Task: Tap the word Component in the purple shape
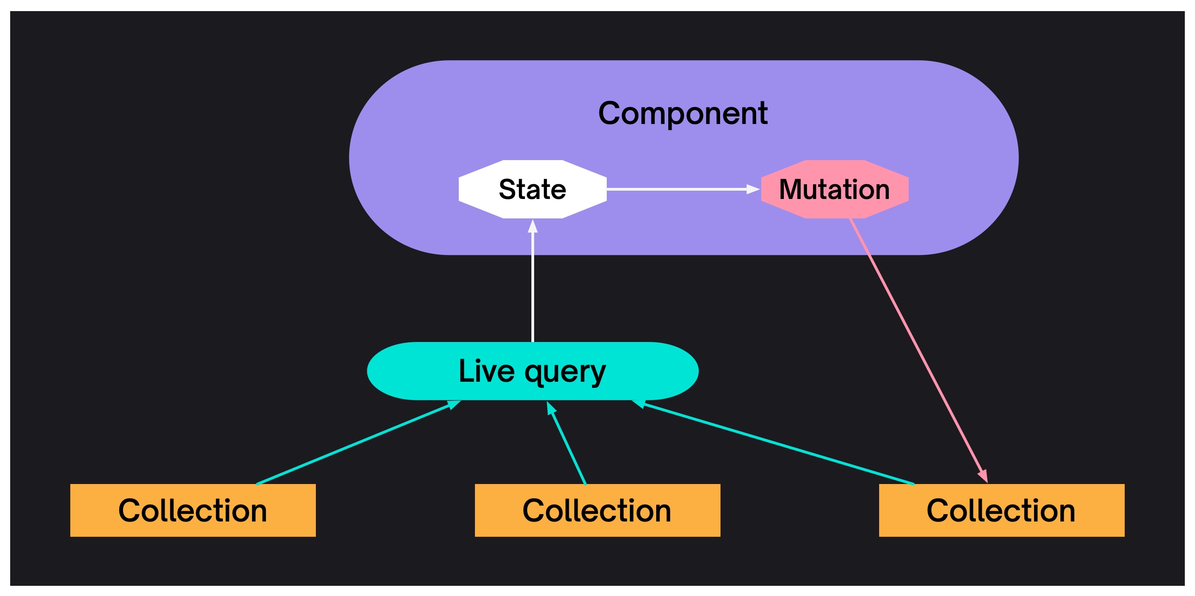(683, 113)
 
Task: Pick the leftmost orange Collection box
(193, 510)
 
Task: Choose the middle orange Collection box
(597, 510)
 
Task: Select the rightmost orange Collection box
(1002, 510)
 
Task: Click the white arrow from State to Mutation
(678, 189)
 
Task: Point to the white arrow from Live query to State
(533, 288)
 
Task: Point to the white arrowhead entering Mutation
(752, 189)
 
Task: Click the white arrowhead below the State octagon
(533, 227)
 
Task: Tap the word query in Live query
(565, 372)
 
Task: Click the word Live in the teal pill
(486, 371)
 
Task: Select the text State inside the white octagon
(533, 189)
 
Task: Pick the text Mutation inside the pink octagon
(834, 189)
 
